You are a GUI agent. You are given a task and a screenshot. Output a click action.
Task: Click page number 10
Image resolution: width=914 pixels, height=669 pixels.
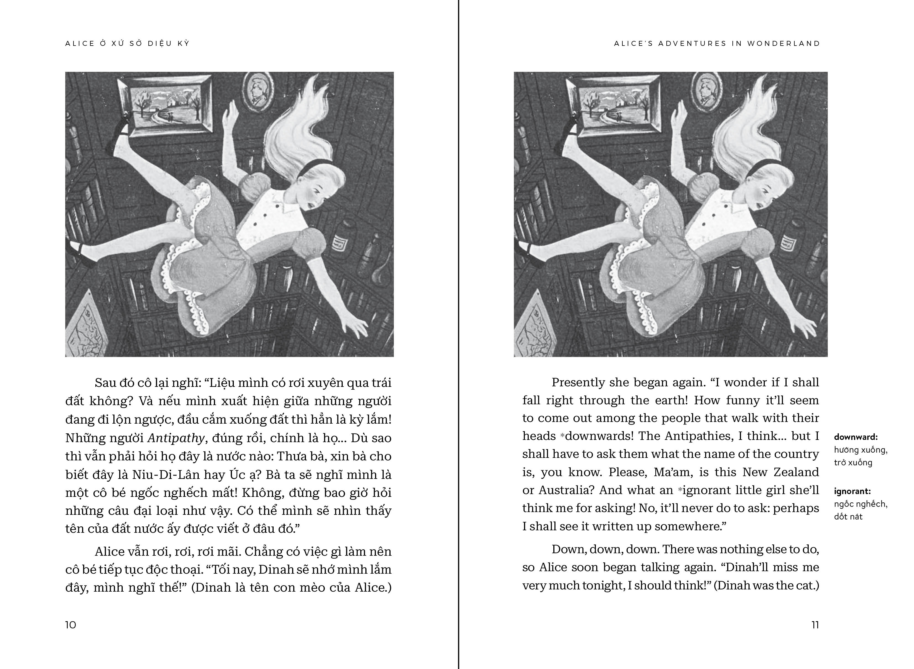(70, 625)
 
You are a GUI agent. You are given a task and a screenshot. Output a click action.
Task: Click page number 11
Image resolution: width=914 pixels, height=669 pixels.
(815, 625)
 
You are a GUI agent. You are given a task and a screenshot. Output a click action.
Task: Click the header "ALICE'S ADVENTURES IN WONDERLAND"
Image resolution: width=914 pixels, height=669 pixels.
(717, 44)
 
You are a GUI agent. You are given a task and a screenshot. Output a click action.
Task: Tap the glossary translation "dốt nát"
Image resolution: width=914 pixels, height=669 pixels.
(848, 517)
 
